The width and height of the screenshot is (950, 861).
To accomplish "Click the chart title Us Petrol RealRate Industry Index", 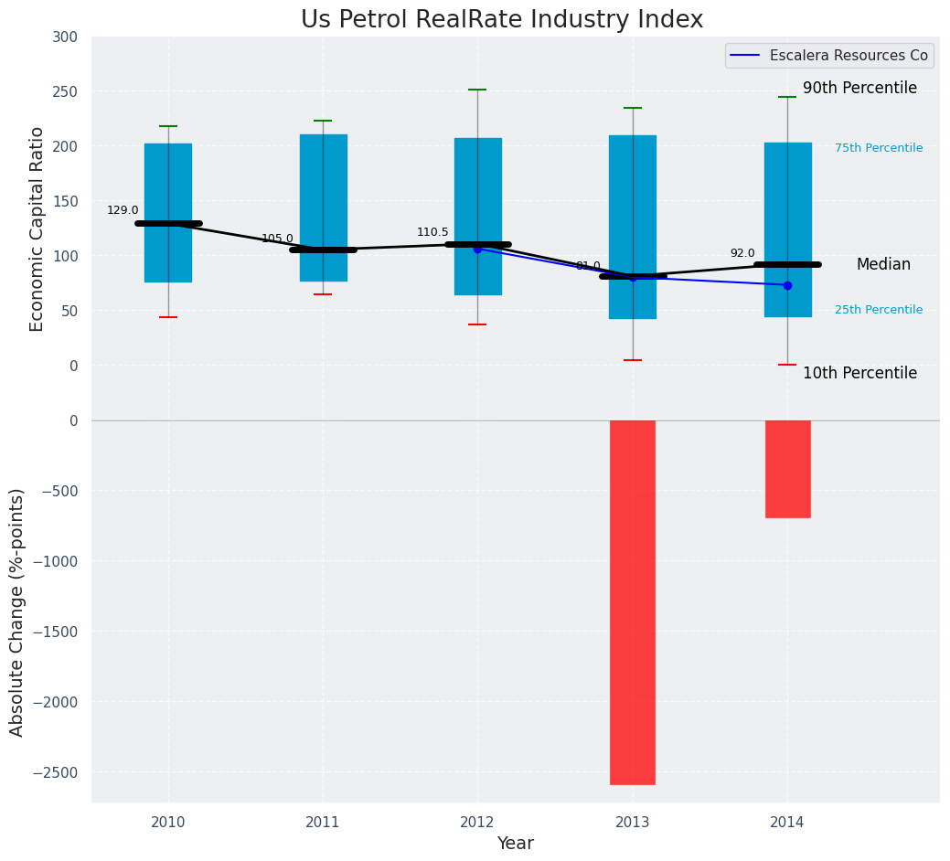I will click(502, 20).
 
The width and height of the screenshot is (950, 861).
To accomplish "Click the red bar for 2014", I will click(787, 469).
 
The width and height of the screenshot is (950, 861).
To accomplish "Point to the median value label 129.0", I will click(123, 211).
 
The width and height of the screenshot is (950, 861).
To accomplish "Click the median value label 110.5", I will click(432, 233).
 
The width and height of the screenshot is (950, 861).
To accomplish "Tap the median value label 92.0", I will click(742, 254).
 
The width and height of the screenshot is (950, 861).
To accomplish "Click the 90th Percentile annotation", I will click(859, 89).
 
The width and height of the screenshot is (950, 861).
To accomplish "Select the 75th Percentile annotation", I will click(879, 148).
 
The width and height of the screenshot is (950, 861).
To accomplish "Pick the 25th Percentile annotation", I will click(879, 311).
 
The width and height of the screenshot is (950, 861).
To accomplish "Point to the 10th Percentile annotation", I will click(859, 373).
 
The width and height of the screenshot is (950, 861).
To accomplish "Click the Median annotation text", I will click(883, 265).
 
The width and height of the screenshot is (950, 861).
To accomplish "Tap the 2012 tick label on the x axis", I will click(477, 823).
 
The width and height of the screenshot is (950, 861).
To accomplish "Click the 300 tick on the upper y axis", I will click(66, 37).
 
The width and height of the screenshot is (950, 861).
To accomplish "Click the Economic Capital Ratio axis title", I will click(37, 229).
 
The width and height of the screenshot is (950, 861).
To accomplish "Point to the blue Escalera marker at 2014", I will click(787, 285).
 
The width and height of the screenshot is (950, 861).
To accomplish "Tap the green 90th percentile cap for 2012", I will click(477, 90).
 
